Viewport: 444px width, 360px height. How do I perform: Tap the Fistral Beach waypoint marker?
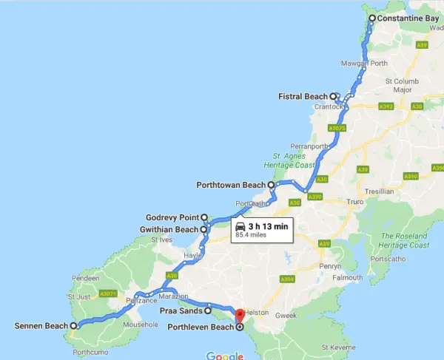[334, 96]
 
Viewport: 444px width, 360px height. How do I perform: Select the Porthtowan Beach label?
[230, 184]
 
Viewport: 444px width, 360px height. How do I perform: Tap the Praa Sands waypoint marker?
[209, 311]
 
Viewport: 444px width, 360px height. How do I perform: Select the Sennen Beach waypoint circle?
[73, 325]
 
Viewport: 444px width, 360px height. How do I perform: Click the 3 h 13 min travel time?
[268, 225]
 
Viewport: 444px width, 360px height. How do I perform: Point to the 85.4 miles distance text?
[252, 236]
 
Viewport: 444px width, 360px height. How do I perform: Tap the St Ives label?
[160, 240]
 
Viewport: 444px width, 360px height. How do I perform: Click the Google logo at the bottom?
[224, 356]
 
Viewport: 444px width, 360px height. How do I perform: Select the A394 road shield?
[289, 279]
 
